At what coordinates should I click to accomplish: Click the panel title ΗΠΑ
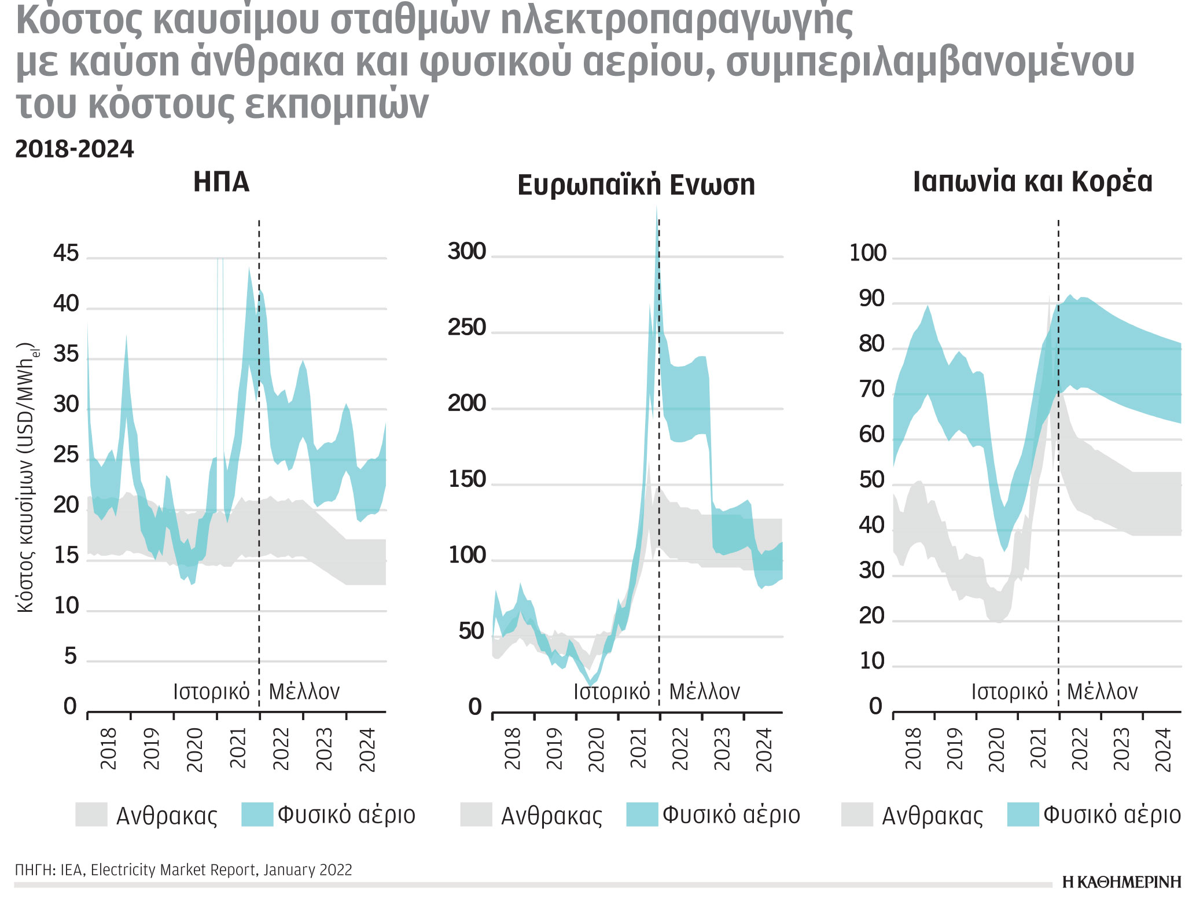coord(221,182)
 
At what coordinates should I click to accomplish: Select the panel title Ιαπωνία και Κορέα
coord(1032,182)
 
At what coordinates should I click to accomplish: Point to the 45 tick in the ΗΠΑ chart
coord(65,254)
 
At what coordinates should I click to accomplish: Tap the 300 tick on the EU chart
coord(466,252)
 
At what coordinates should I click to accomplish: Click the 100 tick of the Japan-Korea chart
coord(867,253)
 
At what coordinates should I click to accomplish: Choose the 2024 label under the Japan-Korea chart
coord(1163,750)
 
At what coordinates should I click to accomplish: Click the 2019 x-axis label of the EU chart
coord(554,749)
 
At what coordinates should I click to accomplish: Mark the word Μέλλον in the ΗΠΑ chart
coord(304,691)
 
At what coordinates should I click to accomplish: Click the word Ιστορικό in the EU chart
coord(612,691)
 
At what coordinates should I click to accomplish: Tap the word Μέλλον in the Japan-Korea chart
coord(1102,691)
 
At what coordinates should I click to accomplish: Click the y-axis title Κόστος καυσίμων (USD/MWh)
coord(27,478)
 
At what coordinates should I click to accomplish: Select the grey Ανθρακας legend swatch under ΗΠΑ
coord(91,814)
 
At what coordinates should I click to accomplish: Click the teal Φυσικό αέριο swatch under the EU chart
coord(642,814)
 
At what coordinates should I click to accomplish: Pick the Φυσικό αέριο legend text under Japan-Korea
coord(1112,814)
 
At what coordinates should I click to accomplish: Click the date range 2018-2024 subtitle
coord(74,149)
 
